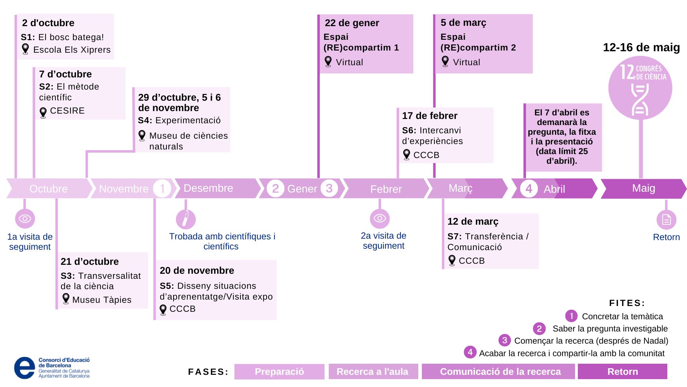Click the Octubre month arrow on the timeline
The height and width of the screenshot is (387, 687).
click(x=48, y=188)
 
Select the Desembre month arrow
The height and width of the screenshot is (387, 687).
click(x=208, y=188)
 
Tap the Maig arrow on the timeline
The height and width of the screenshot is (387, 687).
click(x=643, y=188)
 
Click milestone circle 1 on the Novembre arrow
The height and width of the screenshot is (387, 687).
click(x=162, y=188)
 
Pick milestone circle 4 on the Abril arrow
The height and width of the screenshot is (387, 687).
click(x=529, y=188)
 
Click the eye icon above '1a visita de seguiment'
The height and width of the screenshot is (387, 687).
click(x=25, y=219)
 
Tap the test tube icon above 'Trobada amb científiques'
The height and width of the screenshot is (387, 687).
click(x=186, y=219)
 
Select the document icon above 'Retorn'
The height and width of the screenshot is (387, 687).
click(x=666, y=220)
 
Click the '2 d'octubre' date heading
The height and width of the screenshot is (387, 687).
click(x=48, y=23)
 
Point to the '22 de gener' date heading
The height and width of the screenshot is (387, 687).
click(x=352, y=23)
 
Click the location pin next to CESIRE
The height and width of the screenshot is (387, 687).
click(x=43, y=113)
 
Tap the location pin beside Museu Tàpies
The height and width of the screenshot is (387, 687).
click(x=66, y=298)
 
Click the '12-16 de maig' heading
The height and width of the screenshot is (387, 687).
click(x=641, y=47)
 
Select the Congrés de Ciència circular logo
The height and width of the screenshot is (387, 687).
click(x=640, y=88)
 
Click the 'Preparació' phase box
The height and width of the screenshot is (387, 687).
click(x=279, y=372)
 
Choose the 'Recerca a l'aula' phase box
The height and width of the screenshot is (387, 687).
click(x=372, y=372)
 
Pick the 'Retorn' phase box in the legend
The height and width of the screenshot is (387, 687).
click(x=622, y=372)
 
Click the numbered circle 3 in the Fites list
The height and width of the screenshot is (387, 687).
click(x=505, y=340)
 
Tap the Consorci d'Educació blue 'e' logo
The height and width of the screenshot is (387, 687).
click(x=24, y=368)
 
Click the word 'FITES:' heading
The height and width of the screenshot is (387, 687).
click(x=627, y=303)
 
